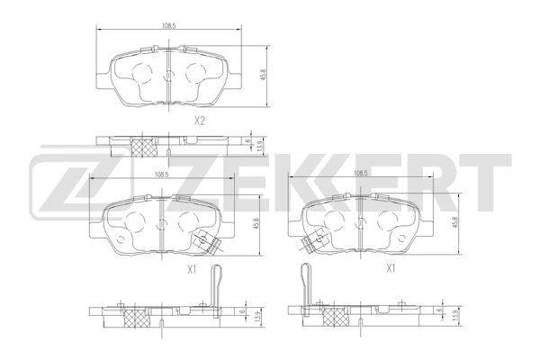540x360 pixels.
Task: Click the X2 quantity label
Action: (x=200, y=121)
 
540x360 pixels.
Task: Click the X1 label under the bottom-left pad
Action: (x=192, y=269)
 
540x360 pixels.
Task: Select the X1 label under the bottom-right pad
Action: (x=391, y=268)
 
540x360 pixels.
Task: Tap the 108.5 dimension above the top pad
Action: (x=169, y=25)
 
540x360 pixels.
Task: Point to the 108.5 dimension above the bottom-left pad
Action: (x=161, y=175)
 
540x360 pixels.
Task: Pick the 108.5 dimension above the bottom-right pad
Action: (x=360, y=175)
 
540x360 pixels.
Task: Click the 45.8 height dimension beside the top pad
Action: (x=264, y=75)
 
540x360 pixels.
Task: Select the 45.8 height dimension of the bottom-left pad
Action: (x=256, y=224)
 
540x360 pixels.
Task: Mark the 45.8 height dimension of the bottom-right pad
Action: (x=454, y=222)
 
